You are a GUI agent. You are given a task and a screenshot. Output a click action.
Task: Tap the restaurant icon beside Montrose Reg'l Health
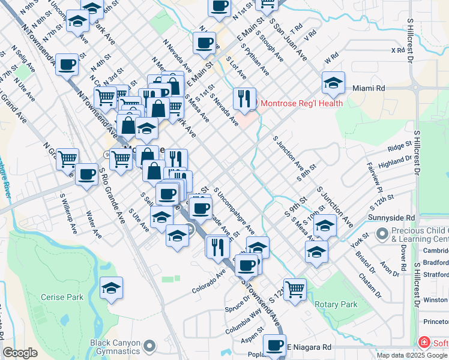[244, 98]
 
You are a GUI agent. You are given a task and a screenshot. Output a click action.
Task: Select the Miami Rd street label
[369, 88]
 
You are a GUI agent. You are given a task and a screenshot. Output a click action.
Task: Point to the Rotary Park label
[336, 304]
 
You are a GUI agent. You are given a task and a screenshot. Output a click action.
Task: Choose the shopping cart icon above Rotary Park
[295, 289]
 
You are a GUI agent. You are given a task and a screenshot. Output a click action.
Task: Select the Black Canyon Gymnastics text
[116, 347]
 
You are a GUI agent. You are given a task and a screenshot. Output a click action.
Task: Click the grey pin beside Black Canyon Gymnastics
[150, 347]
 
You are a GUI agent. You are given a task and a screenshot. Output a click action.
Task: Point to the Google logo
[20, 353]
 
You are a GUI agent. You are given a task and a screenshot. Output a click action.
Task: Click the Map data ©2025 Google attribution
[412, 355]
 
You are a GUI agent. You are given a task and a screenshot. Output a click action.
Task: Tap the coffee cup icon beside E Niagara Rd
[275, 346]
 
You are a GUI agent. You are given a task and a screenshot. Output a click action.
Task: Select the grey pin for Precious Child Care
[381, 233]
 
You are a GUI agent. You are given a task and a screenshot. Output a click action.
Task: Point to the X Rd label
[398, 50]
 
